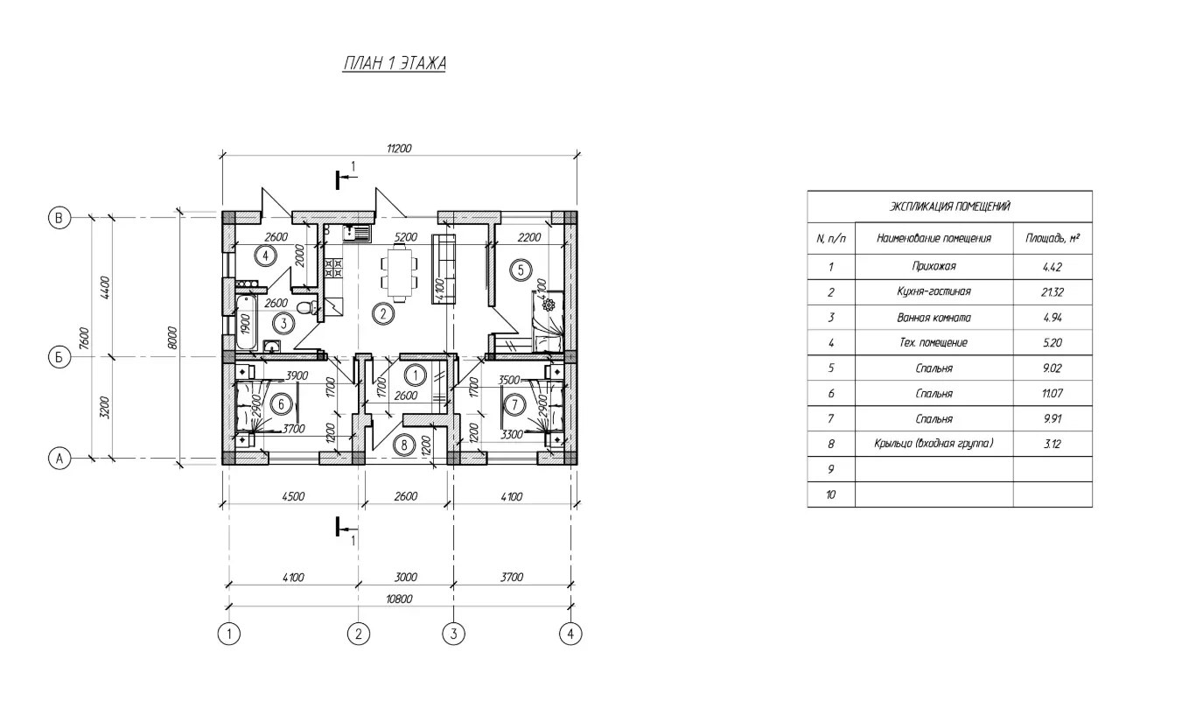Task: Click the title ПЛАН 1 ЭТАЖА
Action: click(x=395, y=63)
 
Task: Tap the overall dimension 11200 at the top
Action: click(x=399, y=148)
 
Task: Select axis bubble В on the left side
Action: click(x=59, y=218)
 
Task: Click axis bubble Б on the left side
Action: click(x=59, y=357)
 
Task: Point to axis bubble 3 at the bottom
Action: click(x=453, y=634)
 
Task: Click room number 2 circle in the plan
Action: click(x=383, y=314)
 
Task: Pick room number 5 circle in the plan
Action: click(x=521, y=270)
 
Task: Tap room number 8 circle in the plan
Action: click(x=404, y=445)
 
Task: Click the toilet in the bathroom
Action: click(x=306, y=306)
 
